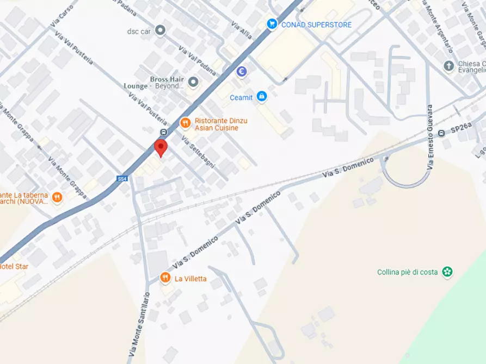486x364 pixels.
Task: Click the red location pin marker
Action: coord(160,147)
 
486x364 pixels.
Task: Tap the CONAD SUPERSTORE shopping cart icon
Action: coord(272,24)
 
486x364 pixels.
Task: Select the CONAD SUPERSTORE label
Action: coord(316,24)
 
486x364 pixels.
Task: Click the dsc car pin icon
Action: coord(160,30)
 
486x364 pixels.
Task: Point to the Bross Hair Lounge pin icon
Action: coord(193,83)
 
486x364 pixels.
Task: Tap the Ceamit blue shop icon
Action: coord(262,97)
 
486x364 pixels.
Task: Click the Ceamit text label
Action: coord(241,98)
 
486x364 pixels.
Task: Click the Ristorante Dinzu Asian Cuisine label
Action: coord(217,124)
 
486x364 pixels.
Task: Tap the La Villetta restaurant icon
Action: coord(165,278)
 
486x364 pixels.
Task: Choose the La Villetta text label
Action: coord(190,279)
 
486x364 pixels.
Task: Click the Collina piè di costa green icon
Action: coord(447,272)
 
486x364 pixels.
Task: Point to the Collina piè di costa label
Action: coord(407,272)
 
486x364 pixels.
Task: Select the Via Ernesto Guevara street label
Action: coord(430,137)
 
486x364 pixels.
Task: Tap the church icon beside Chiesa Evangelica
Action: coord(449,66)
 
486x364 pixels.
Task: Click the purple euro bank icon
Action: coord(242,71)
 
